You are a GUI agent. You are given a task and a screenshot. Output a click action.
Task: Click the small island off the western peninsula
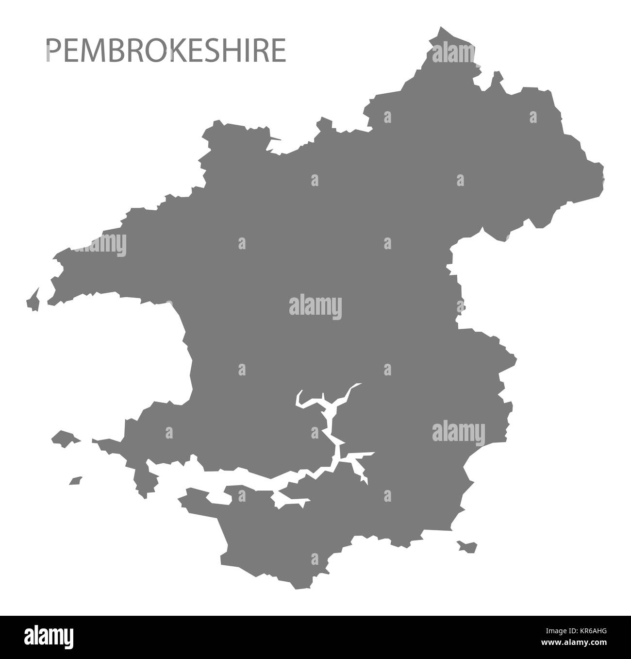tap(33, 300)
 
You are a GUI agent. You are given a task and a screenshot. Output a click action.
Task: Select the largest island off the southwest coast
tap(64, 438)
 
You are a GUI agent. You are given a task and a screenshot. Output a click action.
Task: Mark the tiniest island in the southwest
tap(75, 480)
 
